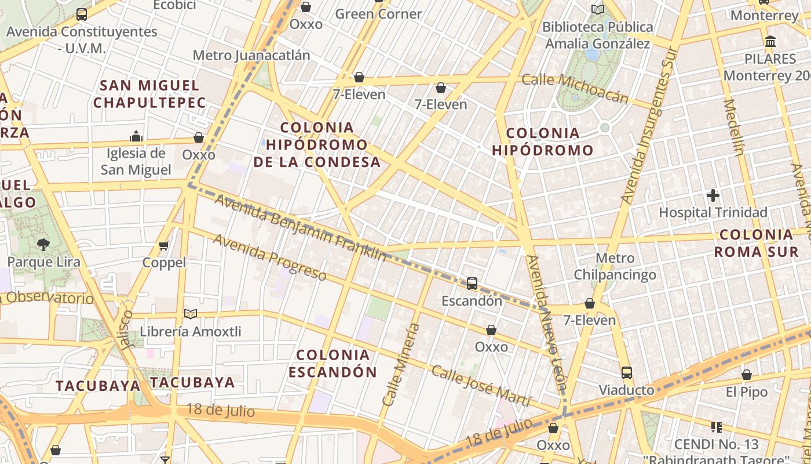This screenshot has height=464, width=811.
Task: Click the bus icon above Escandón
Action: click(x=472, y=284)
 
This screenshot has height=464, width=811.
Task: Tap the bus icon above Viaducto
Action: click(x=626, y=373)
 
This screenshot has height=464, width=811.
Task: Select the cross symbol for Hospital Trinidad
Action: click(x=713, y=195)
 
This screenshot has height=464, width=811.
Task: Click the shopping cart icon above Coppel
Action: click(x=164, y=246)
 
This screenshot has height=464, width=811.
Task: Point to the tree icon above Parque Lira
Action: click(x=43, y=245)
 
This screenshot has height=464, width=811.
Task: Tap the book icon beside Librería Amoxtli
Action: click(x=191, y=314)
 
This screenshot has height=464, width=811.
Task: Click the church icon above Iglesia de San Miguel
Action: click(x=136, y=136)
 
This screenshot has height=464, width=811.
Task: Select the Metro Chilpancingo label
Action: click(x=615, y=266)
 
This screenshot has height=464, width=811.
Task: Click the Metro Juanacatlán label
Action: click(x=251, y=55)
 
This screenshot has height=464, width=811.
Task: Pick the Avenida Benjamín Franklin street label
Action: click(x=300, y=227)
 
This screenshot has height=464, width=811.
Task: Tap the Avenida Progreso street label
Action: click(x=269, y=257)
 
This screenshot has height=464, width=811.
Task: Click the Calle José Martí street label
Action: click(x=481, y=386)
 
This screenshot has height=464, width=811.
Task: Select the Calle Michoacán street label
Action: click(x=575, y=88)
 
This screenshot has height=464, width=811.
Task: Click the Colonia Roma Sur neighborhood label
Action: click(x=756, y=243)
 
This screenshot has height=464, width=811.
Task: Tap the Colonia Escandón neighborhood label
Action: click(x=333, y=363)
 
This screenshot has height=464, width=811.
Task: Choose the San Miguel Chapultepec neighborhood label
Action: click(x=149, y=94)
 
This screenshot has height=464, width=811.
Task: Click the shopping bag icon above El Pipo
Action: click(x=747, y=375)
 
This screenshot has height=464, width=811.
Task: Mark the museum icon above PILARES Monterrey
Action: click(x=770, y=42)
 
